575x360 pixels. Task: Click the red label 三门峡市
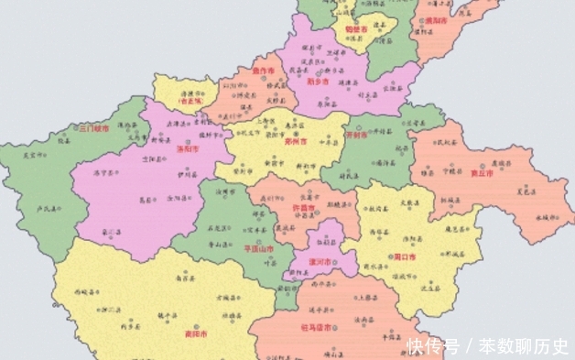coord(93,129)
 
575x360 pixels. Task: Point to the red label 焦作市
coord(264,71)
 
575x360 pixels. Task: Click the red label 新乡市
coord(319,80)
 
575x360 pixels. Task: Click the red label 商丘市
coord(480,171)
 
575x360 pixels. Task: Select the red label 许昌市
coord(303,208)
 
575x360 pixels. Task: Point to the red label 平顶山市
coord(234,247)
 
